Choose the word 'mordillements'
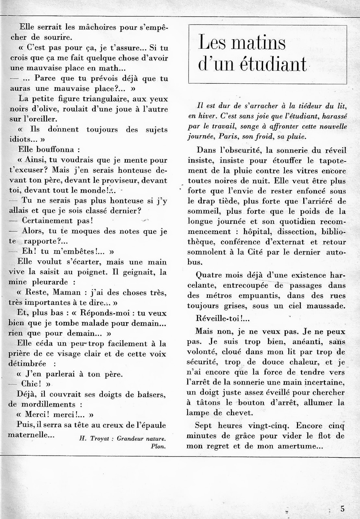(x=47, y=404)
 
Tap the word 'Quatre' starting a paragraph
(x=209, y=275)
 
